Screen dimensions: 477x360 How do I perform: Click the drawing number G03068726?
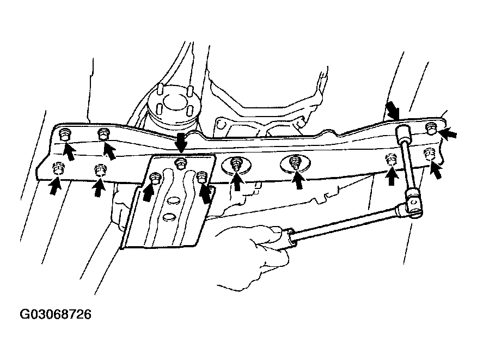pyautogui.click(x=56, y=314)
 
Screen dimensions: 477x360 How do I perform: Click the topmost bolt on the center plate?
pyautogui.click(x=181, y=164)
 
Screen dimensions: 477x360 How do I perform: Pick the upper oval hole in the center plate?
pyautogui.click(x=173, y=201)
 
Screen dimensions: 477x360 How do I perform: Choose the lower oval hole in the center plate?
pyautogui.click(x=169, y=217)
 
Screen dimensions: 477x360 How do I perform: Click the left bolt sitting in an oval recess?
pyautogui.click(x=236, y=164)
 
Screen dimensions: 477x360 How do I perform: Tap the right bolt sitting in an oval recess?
pyautogui.click(x=295, y=162)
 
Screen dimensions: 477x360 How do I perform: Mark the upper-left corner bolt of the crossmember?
pyautogui.click(x=64, y=134)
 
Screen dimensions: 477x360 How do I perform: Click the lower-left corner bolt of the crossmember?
pyautogui.click(x=58, y=169)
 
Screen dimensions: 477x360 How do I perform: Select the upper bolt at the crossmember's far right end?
pyautogui.click(x=431, y=128)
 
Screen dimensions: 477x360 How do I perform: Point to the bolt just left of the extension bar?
pyautogui.click(x=391, y=160)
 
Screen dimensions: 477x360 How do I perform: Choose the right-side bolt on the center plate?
pyautogui.click(x=201, y=178)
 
